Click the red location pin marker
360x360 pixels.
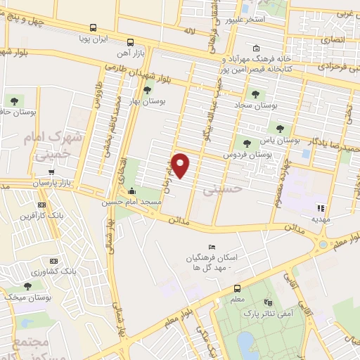pos(181,165)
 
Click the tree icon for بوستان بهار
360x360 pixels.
pos(147,89)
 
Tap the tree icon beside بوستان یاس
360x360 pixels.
pos(280,128)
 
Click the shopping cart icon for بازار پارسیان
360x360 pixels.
pos(51,171)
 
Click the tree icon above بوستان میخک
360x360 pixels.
pos(27,285)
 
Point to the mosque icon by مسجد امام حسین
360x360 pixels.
pos(131,191)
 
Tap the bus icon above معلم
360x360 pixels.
pos(237,288)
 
